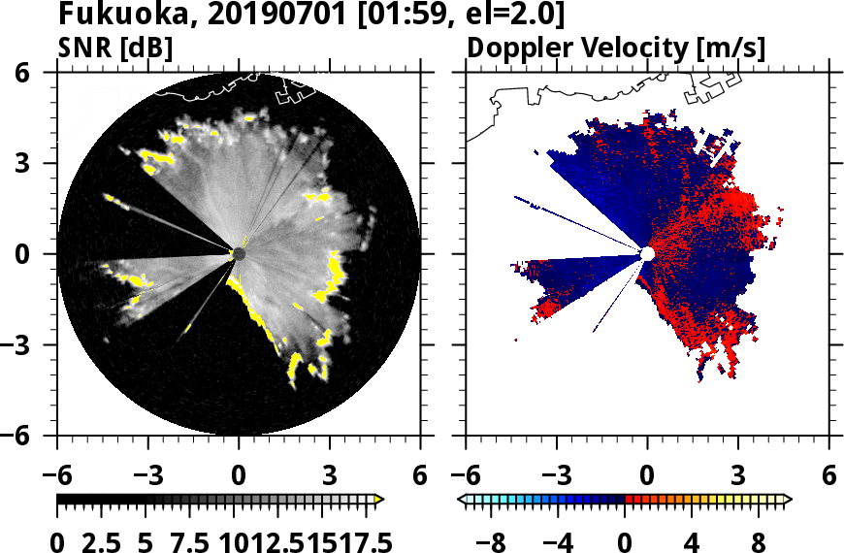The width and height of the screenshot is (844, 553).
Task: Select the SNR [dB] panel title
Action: pyautogui.click(x=115, y=47)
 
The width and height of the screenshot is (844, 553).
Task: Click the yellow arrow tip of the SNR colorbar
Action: pyautogui.click(x=379, y=500)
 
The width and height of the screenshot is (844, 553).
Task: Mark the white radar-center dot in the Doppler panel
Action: pyautogui.click(x=647, y=253)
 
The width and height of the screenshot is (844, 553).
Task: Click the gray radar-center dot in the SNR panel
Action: pyautogui.click(x=239, y=253)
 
